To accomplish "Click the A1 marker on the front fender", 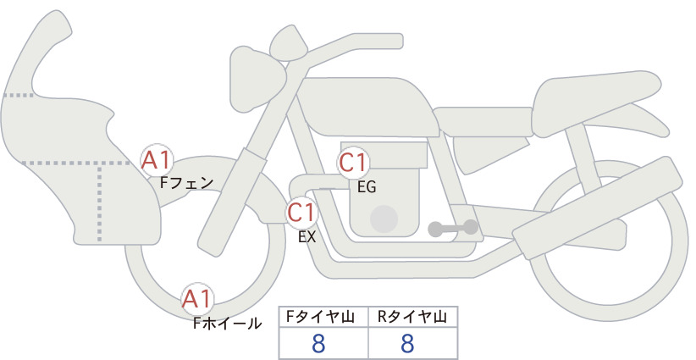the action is [156, 161].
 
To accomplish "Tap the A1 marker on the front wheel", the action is [197, 299].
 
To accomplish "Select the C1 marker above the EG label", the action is [353, 163].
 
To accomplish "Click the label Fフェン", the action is [186, 183].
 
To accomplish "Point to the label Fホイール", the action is [227, 324].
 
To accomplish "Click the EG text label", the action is [367, 187].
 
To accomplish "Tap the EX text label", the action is [307, 237].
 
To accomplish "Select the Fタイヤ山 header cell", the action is [323, 317].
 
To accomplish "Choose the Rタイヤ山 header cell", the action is [413, 317].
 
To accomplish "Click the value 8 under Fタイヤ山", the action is [318, 343].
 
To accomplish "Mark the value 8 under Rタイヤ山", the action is [407, 343].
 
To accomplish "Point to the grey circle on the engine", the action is [384, 219].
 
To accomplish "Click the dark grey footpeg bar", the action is [453, 228].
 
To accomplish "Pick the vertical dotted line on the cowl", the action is [99, 202].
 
